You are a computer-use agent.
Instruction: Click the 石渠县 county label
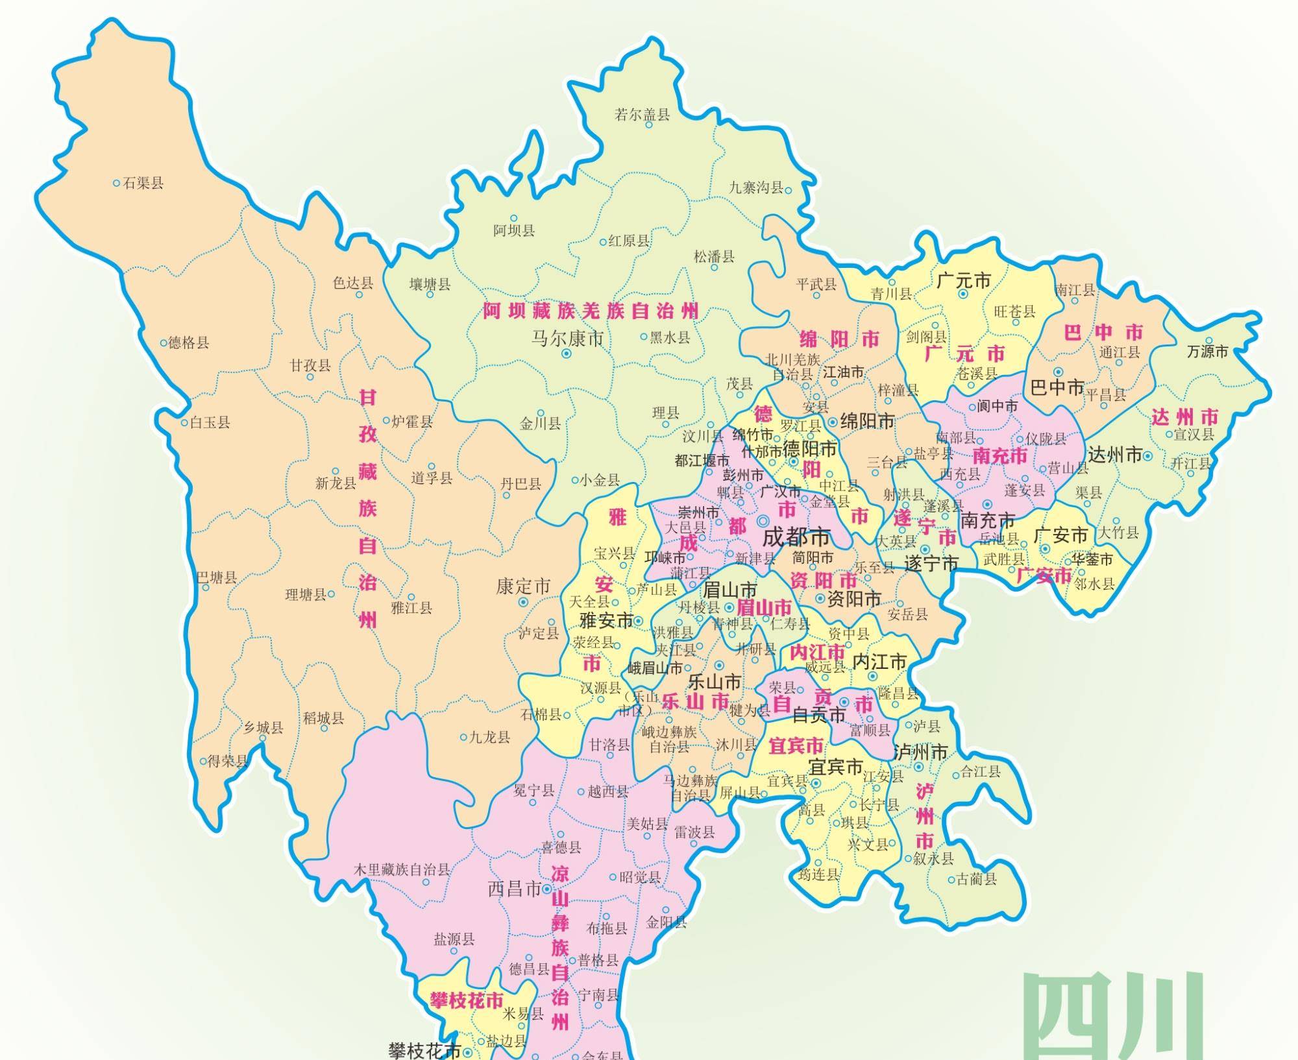(143, 183)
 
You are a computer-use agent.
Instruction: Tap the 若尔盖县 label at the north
(642, 115)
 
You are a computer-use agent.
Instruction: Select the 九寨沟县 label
(756, 187)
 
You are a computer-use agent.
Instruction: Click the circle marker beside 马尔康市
(566, 354)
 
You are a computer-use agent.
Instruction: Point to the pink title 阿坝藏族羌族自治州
(590, 311)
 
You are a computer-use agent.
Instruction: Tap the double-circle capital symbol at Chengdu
(763, 520)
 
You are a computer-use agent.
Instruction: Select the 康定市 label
(522, 586)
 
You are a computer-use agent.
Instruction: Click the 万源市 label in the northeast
(1207, 352)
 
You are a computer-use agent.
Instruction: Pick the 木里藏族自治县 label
(402, 870)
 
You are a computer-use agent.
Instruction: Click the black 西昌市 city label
(514, 889)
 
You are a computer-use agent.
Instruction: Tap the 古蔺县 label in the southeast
(976, 880)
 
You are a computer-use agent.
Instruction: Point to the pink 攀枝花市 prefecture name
(467, 1000)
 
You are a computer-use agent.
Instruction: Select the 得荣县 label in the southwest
(228, 762)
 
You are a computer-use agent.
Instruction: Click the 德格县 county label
(189, 343)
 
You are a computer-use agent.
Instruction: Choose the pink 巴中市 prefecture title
(1103, 333)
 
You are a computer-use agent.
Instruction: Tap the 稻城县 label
(323, 718)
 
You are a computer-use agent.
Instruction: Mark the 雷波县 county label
(694, 832)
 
